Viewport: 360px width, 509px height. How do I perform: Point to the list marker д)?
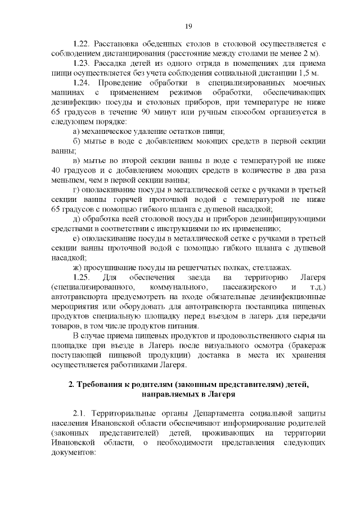(x=78, y=219)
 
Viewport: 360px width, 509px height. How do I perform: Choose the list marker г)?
(x=77, y=190)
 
